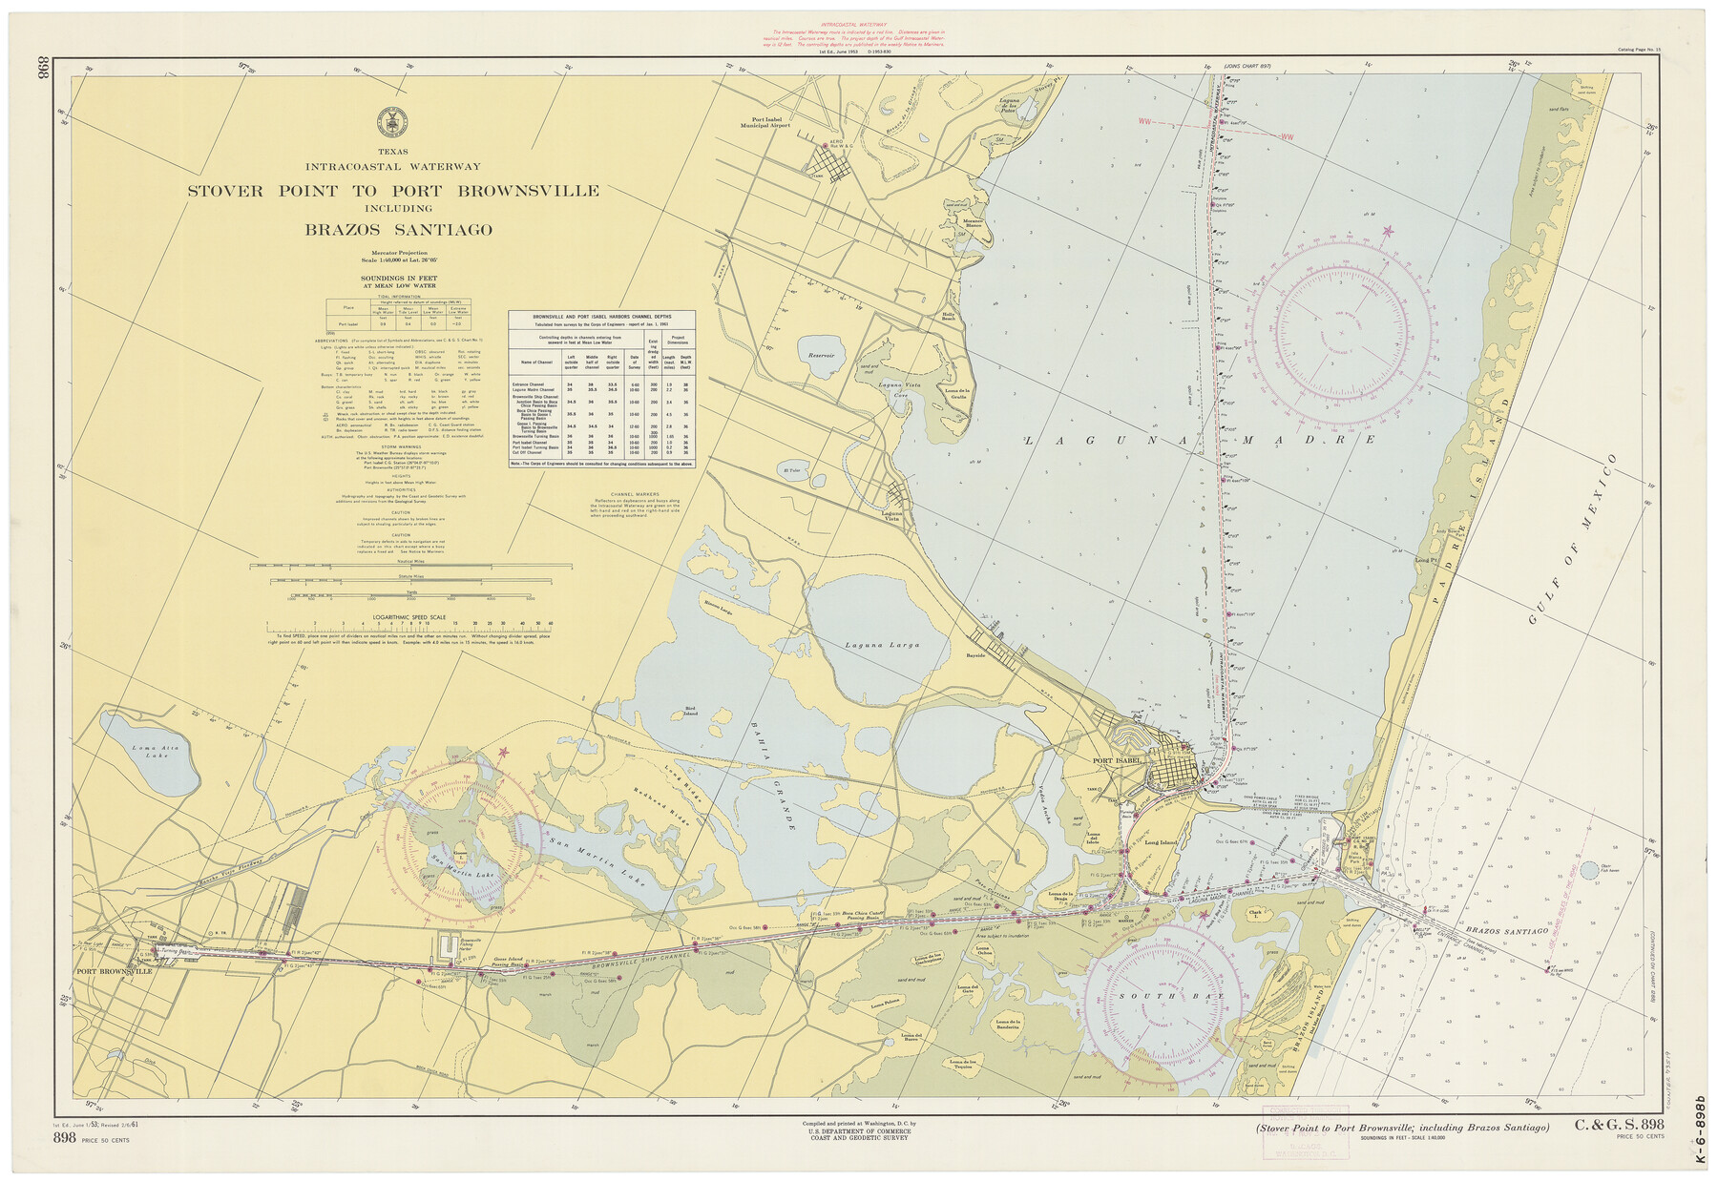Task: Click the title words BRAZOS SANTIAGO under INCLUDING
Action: pyautogui.click(x=399, y=230)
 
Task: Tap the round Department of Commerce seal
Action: pyautogui.click(x=392, y=121)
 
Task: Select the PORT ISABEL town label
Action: pyautogui.click(x=1118, y=760)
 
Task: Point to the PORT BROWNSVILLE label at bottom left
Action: pyautogui.click(x=115, y=971)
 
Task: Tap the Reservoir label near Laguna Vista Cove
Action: pyautogui.click(x=821, y=355)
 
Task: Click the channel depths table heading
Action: pyautogui.click(x=602, y=315)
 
